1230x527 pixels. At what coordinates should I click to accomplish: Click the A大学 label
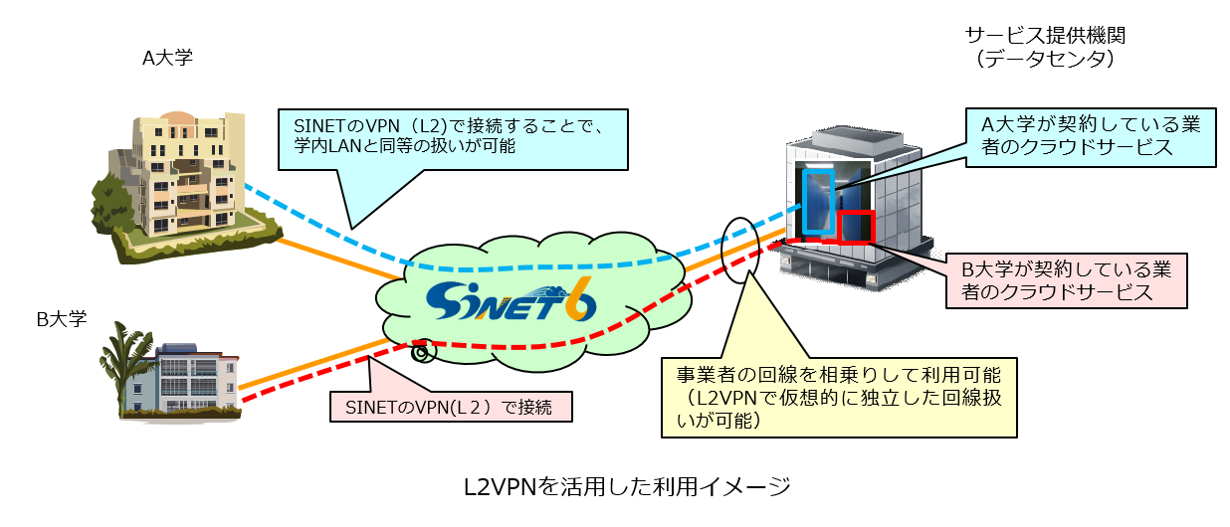[167, 58]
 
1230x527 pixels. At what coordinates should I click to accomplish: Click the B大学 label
[62, 319]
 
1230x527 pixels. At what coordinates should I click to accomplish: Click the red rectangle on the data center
[855, 227]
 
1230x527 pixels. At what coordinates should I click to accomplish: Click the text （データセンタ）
[1044, 60]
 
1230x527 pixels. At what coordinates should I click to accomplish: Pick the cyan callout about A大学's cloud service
[1091, 136]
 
